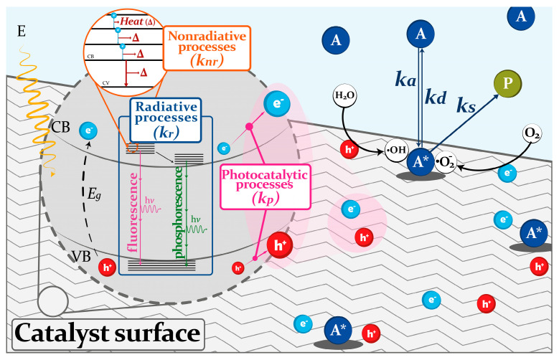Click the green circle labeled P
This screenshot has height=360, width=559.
(x=507, y=83)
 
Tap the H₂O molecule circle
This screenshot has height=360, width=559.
(x=344, y=95)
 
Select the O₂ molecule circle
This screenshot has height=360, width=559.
(x=532, y=133)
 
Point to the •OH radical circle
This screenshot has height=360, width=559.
(x=397, y=150)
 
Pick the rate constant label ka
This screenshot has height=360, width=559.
(x=405, y=80)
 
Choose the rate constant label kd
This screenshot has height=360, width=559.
(x=436, y=97)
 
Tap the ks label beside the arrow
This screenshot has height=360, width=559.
(x=466, y=106)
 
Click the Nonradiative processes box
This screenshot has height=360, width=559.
(x=207, y=48)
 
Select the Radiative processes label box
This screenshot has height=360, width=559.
(x=166, y=120)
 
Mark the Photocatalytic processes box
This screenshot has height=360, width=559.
(x=265, y=186)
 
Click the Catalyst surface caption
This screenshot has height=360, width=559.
(x=108, y=334)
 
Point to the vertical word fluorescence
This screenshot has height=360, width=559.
(x=133, y=212)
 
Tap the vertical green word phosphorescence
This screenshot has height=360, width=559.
(x=178, y=212)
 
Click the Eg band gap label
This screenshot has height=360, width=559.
(x=94, y=194)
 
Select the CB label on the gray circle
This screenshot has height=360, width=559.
(x=60, y=127)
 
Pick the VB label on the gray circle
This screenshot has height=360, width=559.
(x=81, y=256)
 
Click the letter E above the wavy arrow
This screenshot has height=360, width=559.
(x=22, y=32)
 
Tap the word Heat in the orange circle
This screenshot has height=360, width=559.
(x=131, y=22)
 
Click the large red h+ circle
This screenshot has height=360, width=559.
(x=280, y=245)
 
